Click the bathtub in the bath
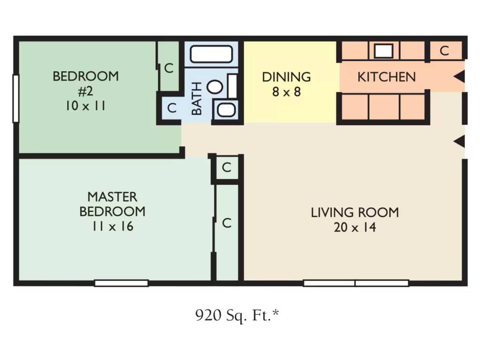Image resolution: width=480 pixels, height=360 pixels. point(211,54)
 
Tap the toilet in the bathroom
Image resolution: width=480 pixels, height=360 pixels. point(215,87)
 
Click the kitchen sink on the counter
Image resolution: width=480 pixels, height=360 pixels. point(383,51)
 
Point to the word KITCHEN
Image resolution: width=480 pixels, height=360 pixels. point(387,77)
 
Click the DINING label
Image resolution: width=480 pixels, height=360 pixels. point(286,77)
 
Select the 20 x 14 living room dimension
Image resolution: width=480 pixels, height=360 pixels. point(355,227)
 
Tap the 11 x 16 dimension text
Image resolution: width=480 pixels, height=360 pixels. point(112,226)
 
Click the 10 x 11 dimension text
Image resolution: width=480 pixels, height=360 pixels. point(85,106)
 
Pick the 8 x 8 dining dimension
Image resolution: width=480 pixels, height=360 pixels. point(286,92)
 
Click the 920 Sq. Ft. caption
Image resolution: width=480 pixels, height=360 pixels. point(237,315)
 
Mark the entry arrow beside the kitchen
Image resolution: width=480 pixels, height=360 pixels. point(459,76)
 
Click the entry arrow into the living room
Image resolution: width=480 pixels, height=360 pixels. point(459,142)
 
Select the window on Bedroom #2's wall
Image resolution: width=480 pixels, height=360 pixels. point(15,98)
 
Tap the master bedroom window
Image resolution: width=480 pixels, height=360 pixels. point(121,283)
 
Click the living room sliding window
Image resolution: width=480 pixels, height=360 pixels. point(356,283)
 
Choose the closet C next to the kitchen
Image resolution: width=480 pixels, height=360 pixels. point(444,51)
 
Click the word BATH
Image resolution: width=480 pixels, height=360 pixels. point(197,98)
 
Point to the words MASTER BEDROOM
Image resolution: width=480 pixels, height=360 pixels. point(112,204)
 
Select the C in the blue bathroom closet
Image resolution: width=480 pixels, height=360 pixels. point(172,108)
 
